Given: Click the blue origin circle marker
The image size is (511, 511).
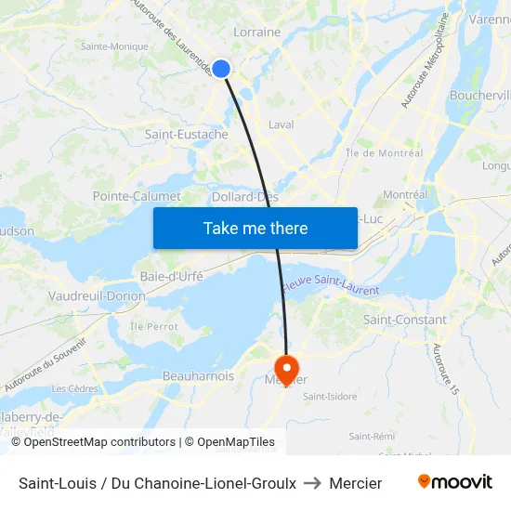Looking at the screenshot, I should pyautogui.click(x=221, y=68).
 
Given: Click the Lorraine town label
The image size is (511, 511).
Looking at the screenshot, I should pyautogui.click(x=256, y=32).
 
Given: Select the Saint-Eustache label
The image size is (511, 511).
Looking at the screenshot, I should pyautogui.click(x=187, y=135).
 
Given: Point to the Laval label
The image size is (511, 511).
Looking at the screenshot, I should pyautogui.click(x=281, y=124).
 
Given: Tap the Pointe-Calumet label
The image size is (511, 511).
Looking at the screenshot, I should pyautogui.click(x=137, y=196).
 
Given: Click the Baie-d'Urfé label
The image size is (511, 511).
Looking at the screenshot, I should pyautogui.click(x=171, y=276).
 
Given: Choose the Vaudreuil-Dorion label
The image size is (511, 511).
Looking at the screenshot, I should pyautogui.click(x=97, y=296).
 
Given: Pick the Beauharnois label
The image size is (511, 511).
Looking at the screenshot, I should pyautogui.click(x=198, y=376).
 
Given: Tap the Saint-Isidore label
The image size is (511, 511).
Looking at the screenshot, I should pyautogui.click(x=330, y=397).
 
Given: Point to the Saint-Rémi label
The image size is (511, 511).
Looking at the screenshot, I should pyautogui.click(x=372, y=436).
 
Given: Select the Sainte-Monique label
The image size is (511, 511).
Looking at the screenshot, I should pyautogui.click(x=114, y=46).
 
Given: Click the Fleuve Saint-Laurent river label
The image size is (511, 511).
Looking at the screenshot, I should pyautogui.click(x=332, y=285).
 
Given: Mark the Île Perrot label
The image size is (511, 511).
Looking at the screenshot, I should pyautogui.click(x=153, y=327).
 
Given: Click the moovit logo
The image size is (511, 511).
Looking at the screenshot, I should pyautogui.click(x=454, y=482).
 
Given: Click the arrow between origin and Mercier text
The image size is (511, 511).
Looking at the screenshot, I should pyautogui.click(x=312, y=483).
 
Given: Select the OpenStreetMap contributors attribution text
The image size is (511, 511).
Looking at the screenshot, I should pyautogui.click(x=99, y=442).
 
